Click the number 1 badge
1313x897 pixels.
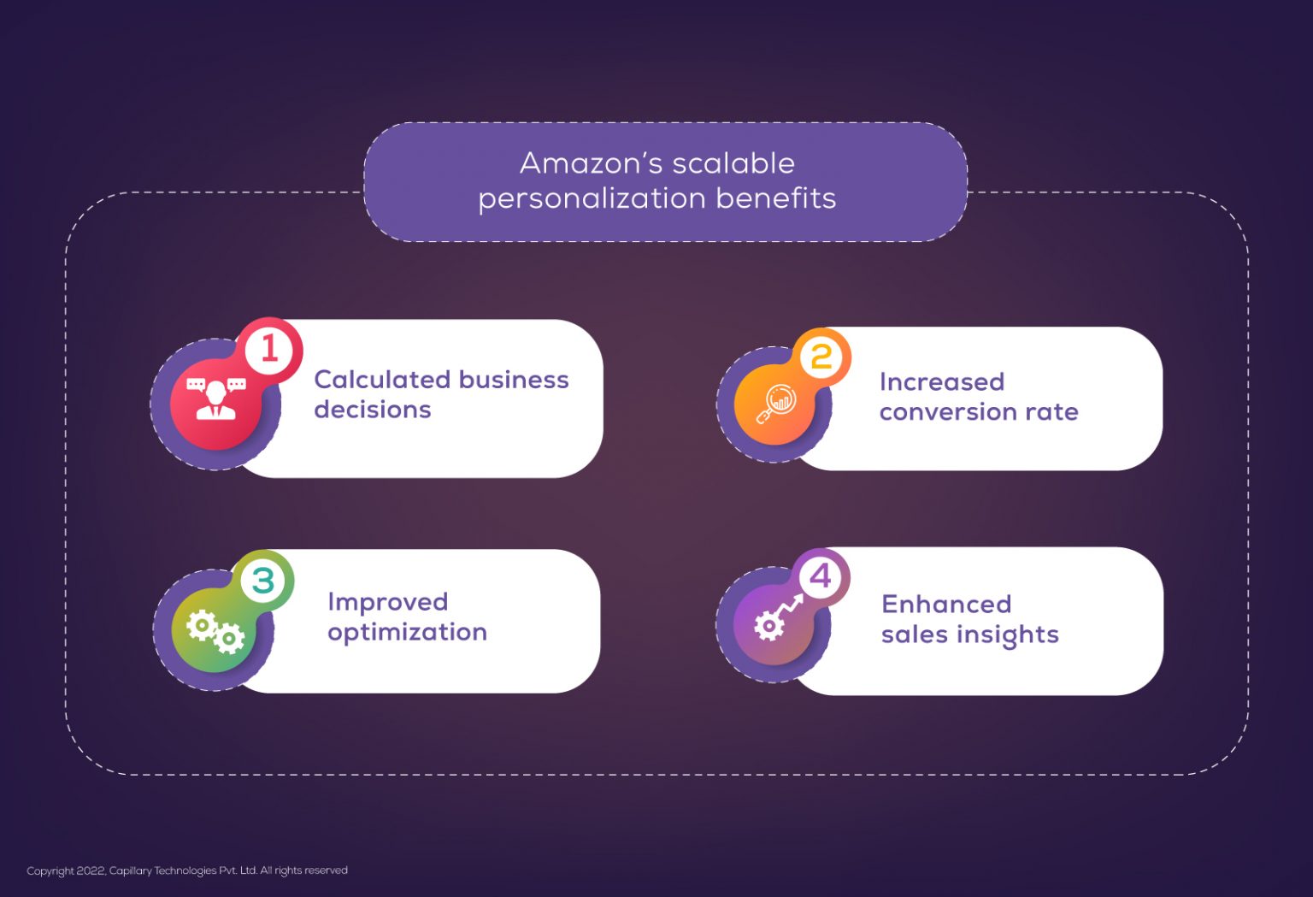[269, 350]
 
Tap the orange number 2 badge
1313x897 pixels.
[821, 357]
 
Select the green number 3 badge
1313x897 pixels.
[263, 581]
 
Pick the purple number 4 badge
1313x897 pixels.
[820, 576]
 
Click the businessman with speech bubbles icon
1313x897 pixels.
[215, 399]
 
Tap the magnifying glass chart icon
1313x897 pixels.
[775, 404]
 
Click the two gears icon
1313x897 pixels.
[215, 631]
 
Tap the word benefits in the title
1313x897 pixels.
[776, 198]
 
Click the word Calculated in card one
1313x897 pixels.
[383, 380]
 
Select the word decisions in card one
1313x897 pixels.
[373, 410]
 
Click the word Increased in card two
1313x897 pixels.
[942, 381]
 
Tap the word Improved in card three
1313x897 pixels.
[388, 603]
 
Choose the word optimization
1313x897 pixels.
[408, 633]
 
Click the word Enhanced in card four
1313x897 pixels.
[946, 605]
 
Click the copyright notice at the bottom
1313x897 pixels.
[187, 870]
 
